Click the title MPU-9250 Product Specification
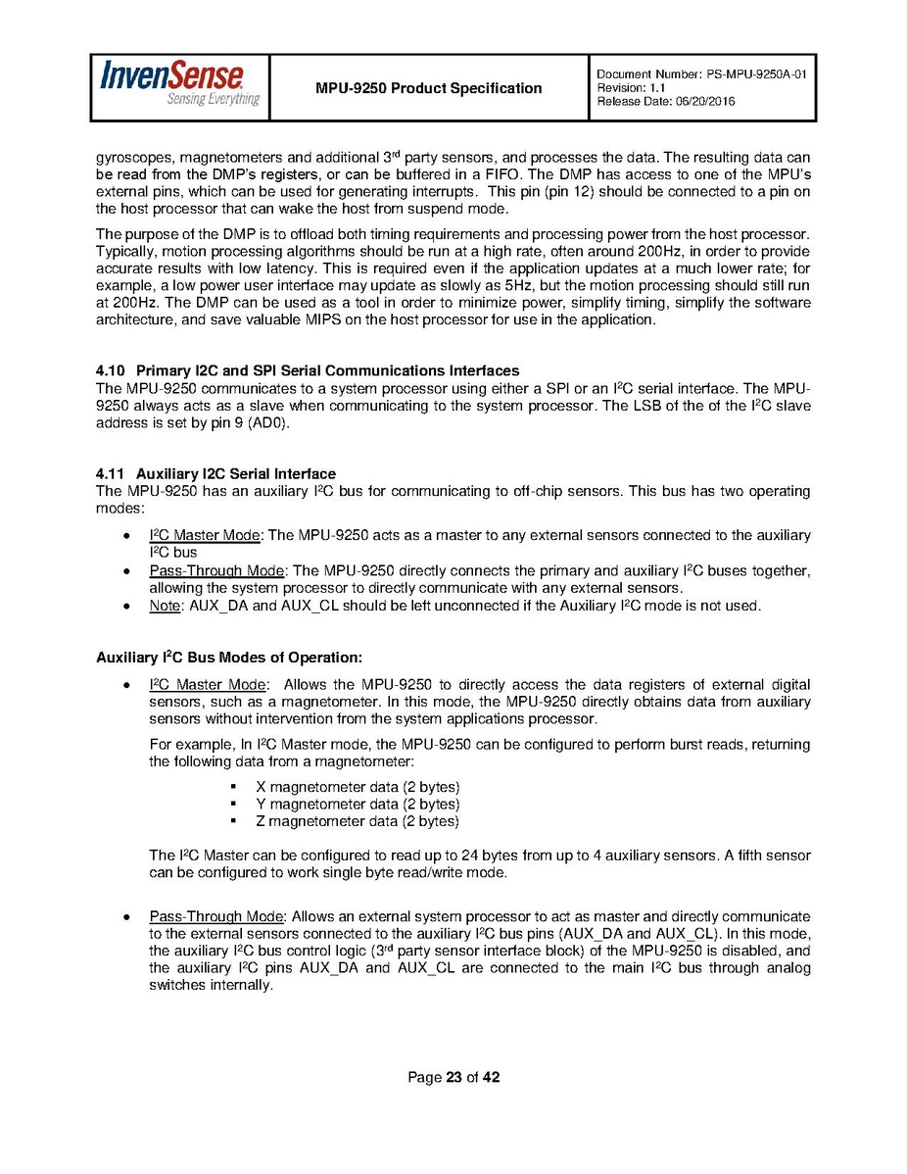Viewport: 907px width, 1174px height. tap(428, 88)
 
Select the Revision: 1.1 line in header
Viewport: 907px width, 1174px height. tap(628, 87)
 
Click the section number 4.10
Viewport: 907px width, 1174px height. tap(111, 370)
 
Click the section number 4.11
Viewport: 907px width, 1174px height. tap(111, 474)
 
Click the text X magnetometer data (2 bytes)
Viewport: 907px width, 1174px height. tap(357, 787)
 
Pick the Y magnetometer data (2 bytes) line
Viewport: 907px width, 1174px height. tap(357, 805)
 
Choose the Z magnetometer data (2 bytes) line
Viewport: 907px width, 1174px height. tap(357, 821)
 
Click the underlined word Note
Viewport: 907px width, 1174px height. tap(165, 606)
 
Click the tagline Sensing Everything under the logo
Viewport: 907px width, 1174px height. tap(213, 99)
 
